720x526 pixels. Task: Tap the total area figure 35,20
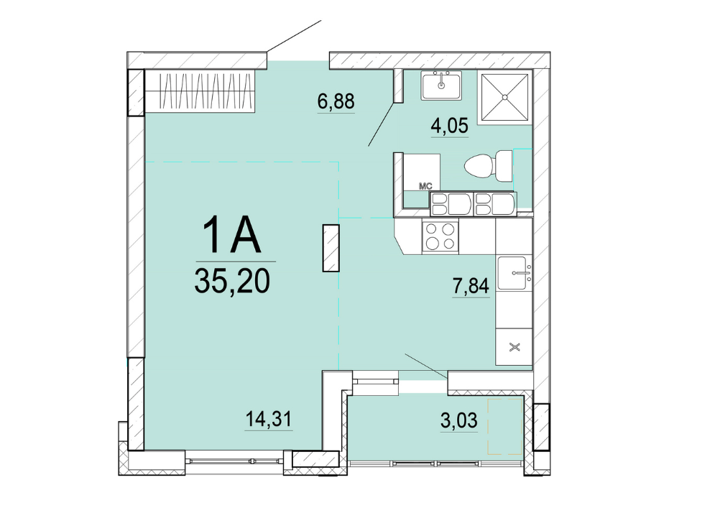click(232, 281)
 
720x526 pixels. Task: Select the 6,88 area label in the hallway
click(336, 101)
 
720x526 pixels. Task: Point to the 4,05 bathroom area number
click(449, 125)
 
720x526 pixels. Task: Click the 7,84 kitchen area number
click(471, 286)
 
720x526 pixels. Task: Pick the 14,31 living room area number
click(269, 419)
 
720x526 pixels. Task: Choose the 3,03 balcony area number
click(458, 420)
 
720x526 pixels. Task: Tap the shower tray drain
click(504, 97)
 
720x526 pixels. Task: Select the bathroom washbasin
click(442, 85)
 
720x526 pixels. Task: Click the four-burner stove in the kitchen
click(440, 236)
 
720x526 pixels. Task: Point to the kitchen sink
click(514, 273)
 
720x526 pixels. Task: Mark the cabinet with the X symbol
click(514, 347)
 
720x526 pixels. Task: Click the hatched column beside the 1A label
click(331, 248)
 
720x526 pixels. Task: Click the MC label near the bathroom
click(425, 187)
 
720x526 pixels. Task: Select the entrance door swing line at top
click(294, 36)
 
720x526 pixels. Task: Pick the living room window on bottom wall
click(234, 459)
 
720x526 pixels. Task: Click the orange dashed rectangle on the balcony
click(506, 428)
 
